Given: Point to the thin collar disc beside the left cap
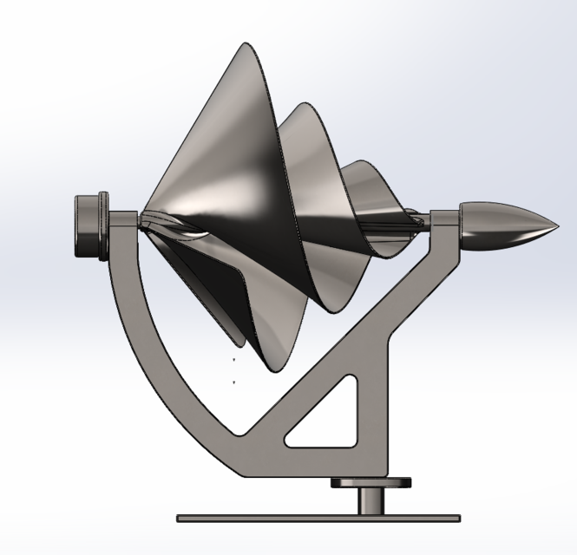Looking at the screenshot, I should (x=105, y=225).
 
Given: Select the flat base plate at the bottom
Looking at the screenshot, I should (x=318, y=518).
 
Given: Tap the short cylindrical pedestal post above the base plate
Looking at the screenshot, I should (x=374, y=500).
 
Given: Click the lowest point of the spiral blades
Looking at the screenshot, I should (x=279, y=370).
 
